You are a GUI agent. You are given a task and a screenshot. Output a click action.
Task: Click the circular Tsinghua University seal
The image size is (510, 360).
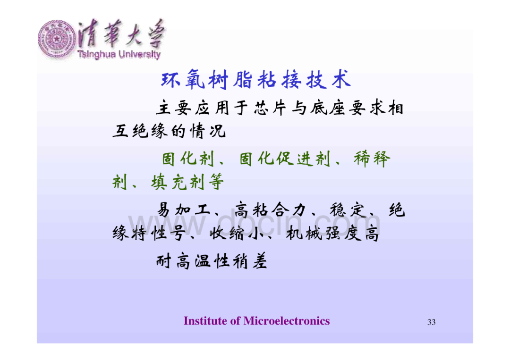click(x=57, y=39)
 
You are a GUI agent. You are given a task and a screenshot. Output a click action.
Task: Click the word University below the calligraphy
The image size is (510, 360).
click(x=139, y=54)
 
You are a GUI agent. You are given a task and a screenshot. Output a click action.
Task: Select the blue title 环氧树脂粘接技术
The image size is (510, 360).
click(x=256, y=80)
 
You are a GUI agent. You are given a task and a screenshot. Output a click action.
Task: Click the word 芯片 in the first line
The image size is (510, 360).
click(x=270, y=108)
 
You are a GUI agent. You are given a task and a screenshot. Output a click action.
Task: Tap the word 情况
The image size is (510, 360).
click(x=208, y=131)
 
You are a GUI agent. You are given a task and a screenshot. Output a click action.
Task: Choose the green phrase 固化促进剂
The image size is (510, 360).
click(x=285, y=159)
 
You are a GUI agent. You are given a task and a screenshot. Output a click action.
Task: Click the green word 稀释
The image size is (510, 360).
click(x=372, y=159)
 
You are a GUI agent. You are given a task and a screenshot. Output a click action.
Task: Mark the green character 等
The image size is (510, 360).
click(x=215, y=182)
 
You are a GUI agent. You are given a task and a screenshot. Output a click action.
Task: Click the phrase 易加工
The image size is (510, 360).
click(x=184, y=209)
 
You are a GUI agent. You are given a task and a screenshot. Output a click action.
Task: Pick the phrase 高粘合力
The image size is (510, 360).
click(x=270, y=209)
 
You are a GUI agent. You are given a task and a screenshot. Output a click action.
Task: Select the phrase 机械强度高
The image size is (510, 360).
click(x=333, y=233)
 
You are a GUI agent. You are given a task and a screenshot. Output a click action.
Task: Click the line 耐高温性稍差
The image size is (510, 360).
click(x=212, y=261)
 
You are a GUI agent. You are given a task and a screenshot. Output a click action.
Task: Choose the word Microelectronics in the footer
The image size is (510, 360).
click(x=287, y=321)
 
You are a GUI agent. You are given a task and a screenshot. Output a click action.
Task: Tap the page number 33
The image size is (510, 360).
click(x=431, y=322)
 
